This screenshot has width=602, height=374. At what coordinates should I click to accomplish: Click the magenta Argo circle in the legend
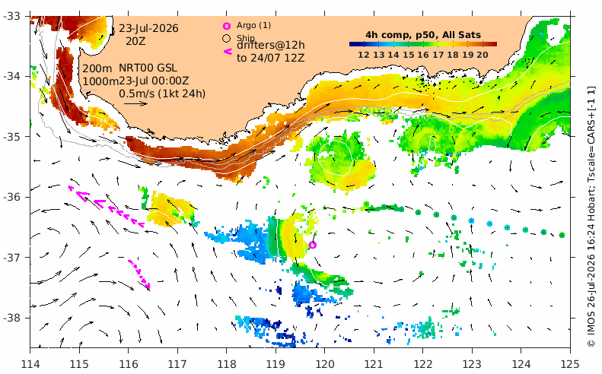tap(227, 26)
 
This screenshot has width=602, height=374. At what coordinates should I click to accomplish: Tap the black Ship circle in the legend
tap(227, 38)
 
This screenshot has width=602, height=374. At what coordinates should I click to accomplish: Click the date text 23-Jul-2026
tap(148, 28)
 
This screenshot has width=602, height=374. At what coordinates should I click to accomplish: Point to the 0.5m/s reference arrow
tap(136, 103)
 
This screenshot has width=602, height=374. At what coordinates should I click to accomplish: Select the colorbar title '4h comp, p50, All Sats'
tap(422, 35)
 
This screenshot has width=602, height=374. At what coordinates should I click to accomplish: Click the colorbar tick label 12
tap(364, 55)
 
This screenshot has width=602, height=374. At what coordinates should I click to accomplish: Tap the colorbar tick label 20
tap(483, 55)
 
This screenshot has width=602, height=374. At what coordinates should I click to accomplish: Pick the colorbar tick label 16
tap(422, 55)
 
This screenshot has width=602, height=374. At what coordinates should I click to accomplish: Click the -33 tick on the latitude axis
tap(13, 16)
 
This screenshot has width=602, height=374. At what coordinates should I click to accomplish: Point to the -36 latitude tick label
tap(13, 197)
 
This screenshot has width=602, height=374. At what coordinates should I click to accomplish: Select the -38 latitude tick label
tap(13, 318)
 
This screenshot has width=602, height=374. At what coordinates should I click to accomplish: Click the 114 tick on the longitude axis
tap(30, 363)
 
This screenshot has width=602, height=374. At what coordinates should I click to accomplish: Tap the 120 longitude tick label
tap(324, 363)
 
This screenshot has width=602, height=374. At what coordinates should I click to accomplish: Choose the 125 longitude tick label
tap(570, 363)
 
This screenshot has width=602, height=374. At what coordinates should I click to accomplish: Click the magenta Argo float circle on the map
tap(313, 245)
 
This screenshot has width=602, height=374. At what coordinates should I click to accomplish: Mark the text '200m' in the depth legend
tap(97, 68)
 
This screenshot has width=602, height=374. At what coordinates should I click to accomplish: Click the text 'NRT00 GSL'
tap(148, 68)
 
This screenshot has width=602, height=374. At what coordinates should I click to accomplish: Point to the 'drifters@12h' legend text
tap(271, 46)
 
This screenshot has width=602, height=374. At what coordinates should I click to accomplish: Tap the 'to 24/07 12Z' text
tap(271, 58)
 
